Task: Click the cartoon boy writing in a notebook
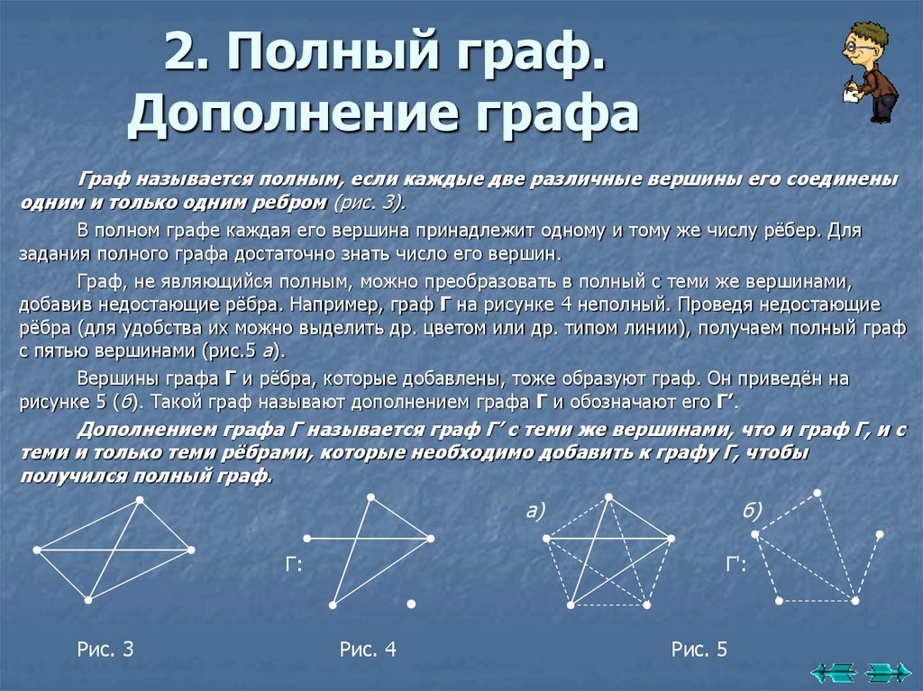[x=867, y=72]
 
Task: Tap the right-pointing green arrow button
[x=887, y=671]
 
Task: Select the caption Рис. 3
[x=105, y=650]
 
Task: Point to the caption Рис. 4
[x=368, y=650]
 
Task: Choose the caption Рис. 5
[x=699, y=650]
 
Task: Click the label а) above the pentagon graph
[x=537, y=512]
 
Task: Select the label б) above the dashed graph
[x=753, y=512]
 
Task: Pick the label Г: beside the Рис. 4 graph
[x=293, y=566]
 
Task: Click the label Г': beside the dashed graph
[x=736, y=566]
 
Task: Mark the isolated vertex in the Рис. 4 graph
[x=410, y=603]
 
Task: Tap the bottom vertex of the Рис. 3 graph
[x=88, y=600]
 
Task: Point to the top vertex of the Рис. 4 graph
[x=370, y=496]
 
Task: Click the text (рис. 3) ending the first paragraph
[x=370, y=200]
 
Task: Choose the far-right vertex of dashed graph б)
[x=880, y=534]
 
